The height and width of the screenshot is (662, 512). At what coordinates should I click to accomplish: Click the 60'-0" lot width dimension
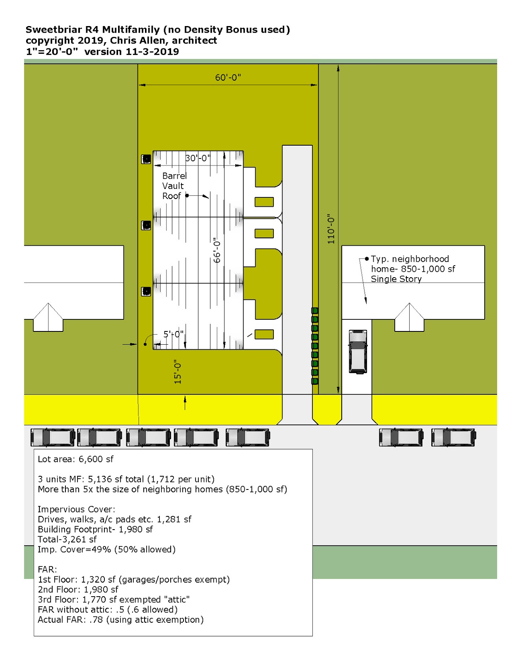228,78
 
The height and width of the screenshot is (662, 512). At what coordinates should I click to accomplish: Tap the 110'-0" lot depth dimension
331,229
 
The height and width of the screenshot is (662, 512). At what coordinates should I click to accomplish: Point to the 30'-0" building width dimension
198,158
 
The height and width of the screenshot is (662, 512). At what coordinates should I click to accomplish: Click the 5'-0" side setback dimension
173,334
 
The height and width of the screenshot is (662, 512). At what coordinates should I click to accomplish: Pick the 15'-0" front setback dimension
178,372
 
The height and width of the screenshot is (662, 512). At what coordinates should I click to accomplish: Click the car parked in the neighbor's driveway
357,351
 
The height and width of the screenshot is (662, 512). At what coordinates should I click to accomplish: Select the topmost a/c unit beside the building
146,159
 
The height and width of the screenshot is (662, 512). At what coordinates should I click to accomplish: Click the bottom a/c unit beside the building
146,291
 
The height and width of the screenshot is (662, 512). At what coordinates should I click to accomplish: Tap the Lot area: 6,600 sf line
75,459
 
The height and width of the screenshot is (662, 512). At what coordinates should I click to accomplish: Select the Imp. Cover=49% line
106,549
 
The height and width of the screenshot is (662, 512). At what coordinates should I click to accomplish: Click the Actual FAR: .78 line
121,620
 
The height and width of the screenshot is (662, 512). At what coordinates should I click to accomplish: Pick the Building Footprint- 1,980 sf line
95,530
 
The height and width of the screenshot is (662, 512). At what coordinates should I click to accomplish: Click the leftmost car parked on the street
53,437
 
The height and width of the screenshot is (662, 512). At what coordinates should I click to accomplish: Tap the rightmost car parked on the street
454,437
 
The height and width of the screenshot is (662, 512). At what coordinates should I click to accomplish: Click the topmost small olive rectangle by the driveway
264,202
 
